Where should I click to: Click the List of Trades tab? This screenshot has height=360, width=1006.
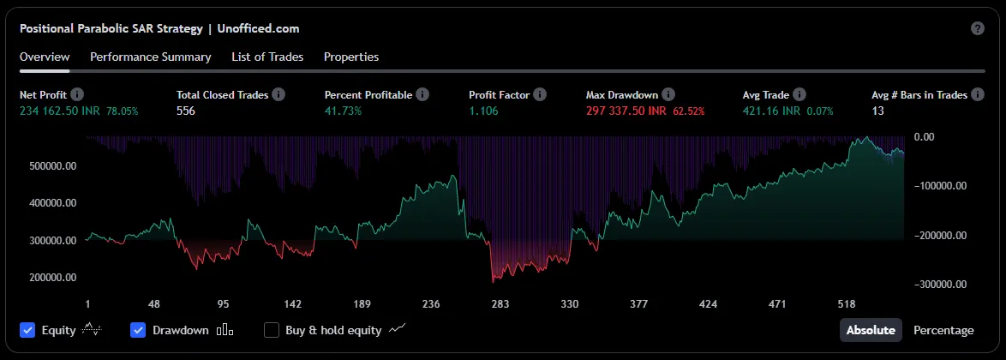[x=267, y=57]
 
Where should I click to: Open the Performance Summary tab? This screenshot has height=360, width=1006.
[x=150, y=57]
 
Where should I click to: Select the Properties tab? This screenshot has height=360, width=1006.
[x=351, y=57]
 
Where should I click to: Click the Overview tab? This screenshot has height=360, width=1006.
[x=45, y=57]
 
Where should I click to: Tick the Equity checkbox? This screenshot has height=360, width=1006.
[x=27, y=330]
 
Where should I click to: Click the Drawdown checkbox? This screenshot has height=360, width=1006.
[x=138, y=330]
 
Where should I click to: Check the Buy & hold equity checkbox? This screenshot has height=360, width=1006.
[x=272, y=330]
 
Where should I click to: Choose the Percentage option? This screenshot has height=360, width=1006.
[x=943, y=330]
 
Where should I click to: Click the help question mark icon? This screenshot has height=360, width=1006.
[x=978, y=28]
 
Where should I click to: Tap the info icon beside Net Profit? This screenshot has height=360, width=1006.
[x=77, y=94]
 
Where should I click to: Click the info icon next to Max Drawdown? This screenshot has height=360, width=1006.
[x=668, y=94]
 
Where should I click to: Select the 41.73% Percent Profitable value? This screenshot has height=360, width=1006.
[x=343, y=111]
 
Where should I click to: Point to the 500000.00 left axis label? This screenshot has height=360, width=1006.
[x=53, y=166]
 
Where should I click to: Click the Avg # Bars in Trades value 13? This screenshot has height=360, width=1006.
[x=877, y=111]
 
